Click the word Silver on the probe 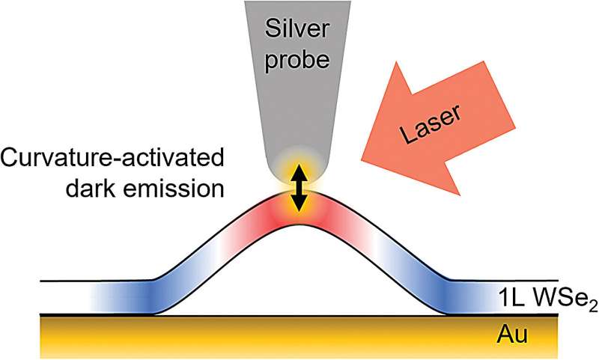(299, 32)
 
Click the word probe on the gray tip (299, 59)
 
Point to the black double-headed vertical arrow (299, 187)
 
